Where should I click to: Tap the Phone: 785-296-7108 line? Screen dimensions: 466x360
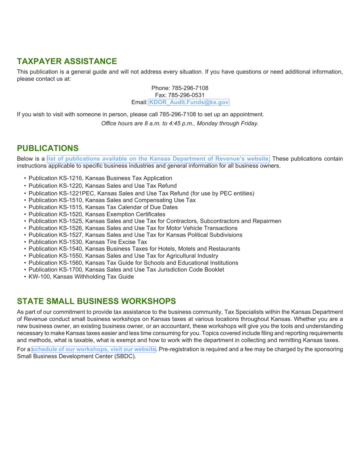point(180,88)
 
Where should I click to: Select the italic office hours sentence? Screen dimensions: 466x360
point(180,124)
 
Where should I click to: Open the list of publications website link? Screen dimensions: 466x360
point(158,159)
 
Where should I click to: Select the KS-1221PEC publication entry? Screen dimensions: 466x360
point(141,193)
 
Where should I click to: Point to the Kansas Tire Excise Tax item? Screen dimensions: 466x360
point(88,241)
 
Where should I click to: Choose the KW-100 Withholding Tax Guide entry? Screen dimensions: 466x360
point(81,277)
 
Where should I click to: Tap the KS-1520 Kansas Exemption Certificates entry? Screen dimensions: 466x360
point(97,214)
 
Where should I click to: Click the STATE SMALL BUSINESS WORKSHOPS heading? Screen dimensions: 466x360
point(97,301)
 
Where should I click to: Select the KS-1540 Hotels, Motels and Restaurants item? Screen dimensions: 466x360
point(134,249)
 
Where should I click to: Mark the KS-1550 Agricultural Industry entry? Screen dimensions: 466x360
point(123,255)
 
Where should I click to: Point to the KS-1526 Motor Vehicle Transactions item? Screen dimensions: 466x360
point(133,228)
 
